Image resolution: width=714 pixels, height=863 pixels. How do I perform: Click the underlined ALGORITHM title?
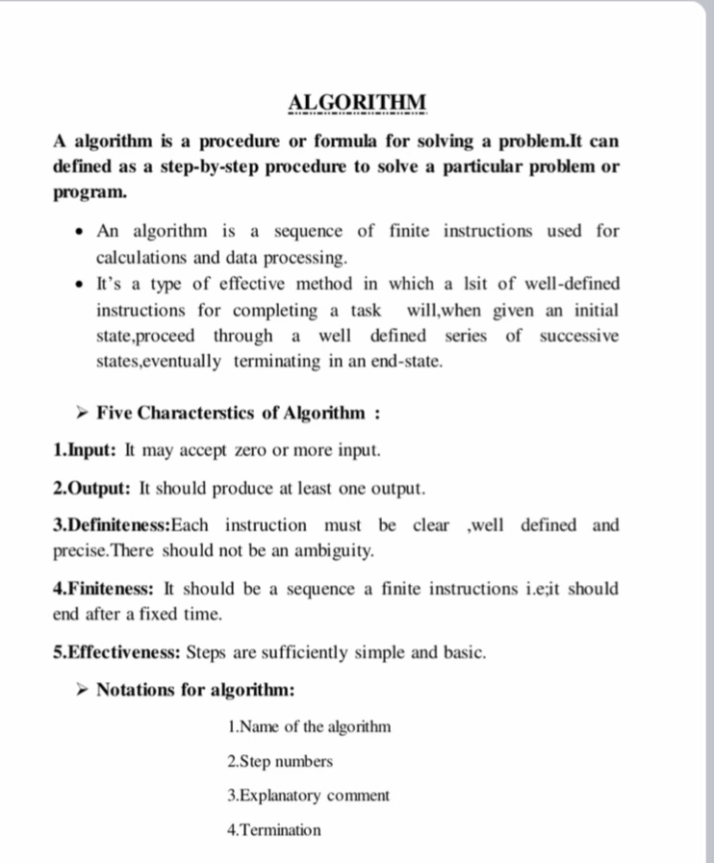[357, 103]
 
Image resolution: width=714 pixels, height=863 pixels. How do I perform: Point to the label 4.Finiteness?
[105, 589]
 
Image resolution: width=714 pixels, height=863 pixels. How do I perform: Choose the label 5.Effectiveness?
[117, 652]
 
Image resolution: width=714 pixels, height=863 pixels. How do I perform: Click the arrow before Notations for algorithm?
[83, 691]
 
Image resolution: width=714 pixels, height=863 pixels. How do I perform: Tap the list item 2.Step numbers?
[280, 761]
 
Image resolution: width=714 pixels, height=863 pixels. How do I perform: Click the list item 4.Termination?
[273, 829]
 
